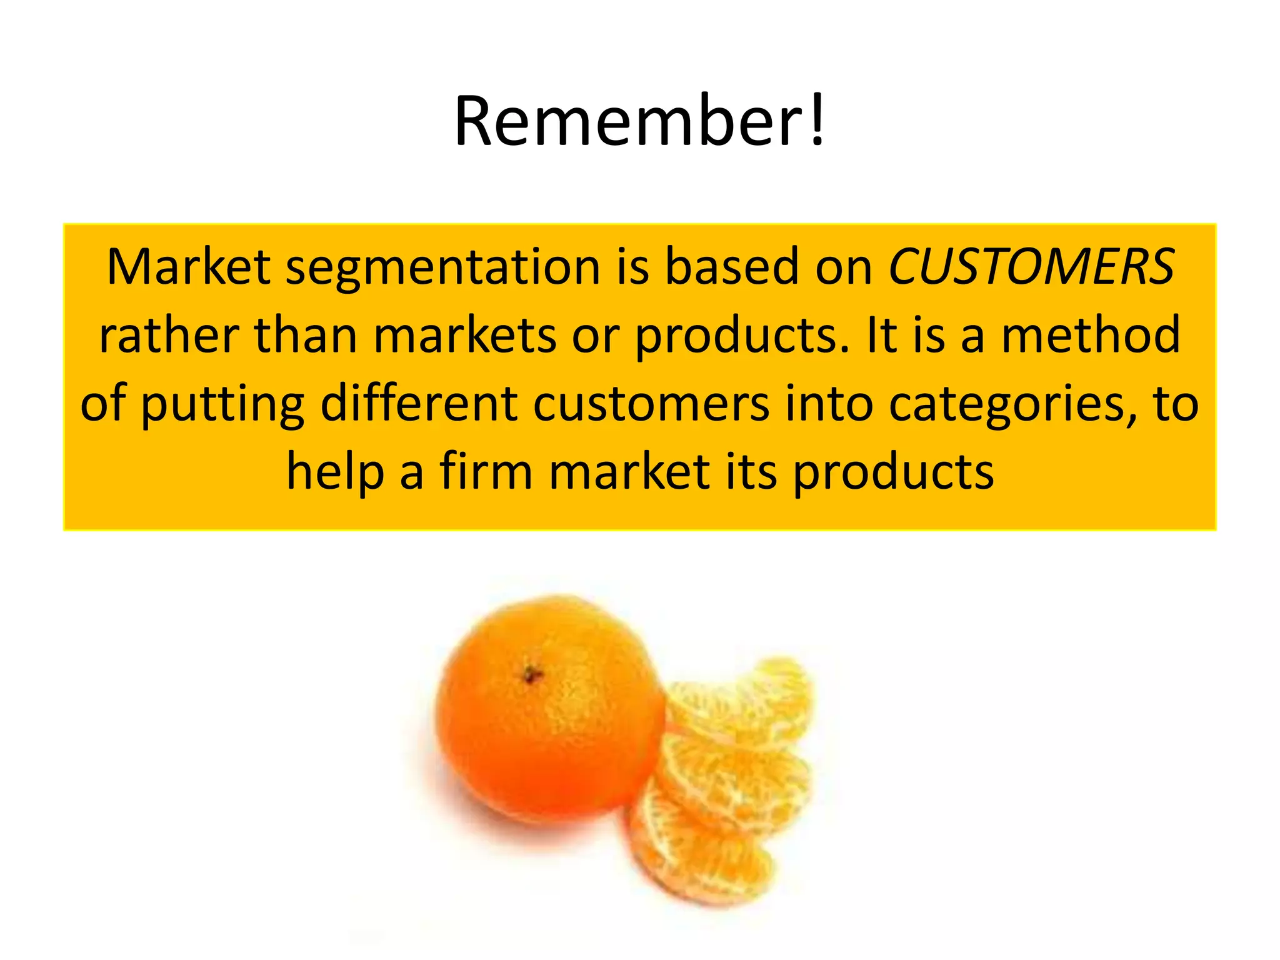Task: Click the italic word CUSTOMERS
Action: [x=1031, y=267]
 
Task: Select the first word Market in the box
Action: [x=188, y=267]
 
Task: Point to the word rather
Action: [x=169, y=336]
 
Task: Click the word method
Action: [x=1091, y=336]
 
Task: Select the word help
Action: [x=335, y=473]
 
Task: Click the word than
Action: [x=306, y=336]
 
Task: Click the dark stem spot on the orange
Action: [x=532, y=675]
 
